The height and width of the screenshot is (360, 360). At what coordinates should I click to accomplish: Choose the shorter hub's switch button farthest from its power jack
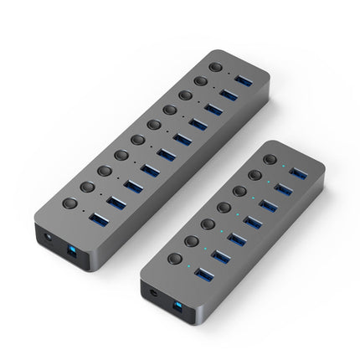pyautogui.click(x=270, y=158)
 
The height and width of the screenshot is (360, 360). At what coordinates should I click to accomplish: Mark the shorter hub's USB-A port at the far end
pyautogui.click(x=298, y=172)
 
